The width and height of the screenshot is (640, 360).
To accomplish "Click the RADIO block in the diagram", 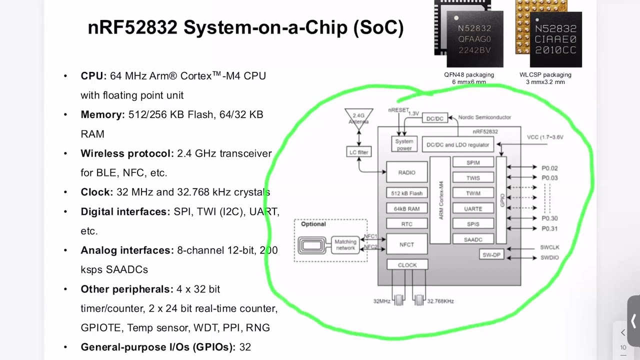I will (x=407, y=172).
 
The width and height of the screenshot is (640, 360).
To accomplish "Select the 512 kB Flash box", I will (x=407, y=193).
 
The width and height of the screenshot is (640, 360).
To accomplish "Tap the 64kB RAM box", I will (x=407, y=208).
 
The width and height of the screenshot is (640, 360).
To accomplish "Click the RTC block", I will (x=407, y=224).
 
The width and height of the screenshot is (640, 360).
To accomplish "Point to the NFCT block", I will (x=407, y=244).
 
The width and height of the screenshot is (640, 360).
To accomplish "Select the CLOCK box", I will (x=407, y=265).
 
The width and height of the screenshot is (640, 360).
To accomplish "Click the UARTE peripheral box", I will (x=473, y=208).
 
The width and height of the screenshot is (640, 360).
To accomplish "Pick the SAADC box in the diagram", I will (x=473, y=239).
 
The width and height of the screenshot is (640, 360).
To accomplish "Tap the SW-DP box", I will (x=491, y=254).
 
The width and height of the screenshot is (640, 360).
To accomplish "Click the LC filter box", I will (x=359, y=152).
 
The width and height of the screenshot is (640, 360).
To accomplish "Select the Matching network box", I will (x=345, y=245).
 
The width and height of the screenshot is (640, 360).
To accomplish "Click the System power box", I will (x=404, y=144).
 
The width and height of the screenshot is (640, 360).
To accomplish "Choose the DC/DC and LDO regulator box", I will (x=457, y=144).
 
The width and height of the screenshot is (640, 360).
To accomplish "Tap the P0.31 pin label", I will (x=549, y=228).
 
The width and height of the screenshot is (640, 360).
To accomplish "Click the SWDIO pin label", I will (x=549, y=257).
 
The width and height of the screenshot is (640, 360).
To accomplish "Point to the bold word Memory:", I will (x=102, y=114).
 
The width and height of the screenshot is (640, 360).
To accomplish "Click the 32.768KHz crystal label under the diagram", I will (x=440, y=301).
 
